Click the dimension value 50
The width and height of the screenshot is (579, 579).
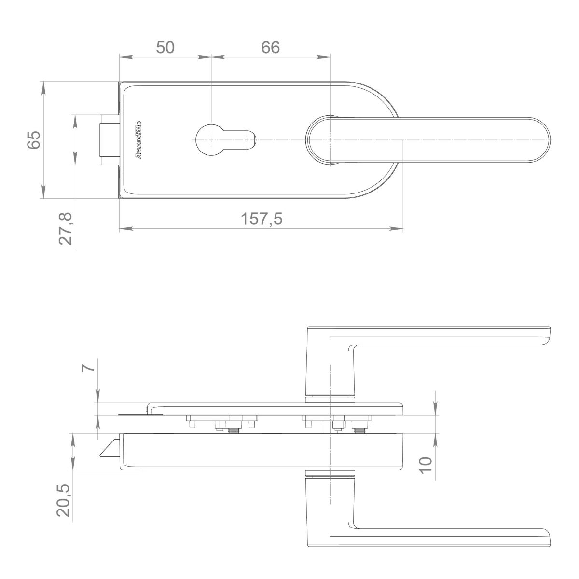(x=165, y=47)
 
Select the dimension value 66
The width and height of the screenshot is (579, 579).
(x=270, y=47)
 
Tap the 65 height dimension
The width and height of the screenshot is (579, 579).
(x=33, y=140)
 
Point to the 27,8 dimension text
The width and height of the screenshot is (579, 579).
(x=66, y=229)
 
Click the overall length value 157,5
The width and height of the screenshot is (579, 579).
(x=262, y=219)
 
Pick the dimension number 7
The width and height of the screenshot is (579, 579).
(x=88, y=368)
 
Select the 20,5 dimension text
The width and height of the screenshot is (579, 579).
(x=63, y=500)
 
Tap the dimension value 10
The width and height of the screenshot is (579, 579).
(x=426, y=466)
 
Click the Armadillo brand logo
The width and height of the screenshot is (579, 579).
(x=138, y=140)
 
